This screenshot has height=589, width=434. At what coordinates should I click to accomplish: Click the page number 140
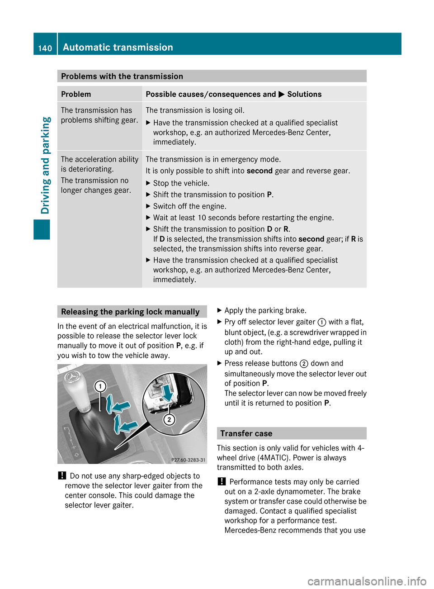(45, 48)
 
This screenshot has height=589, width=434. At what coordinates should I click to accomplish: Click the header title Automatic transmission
(118, 47)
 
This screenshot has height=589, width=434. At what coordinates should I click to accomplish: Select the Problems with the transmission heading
(122, 76)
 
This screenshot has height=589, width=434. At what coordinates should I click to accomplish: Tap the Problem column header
(76, 94)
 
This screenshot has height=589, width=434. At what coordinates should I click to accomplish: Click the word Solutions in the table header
(304, 94)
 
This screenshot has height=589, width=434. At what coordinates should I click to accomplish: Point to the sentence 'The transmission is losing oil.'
(195, 110)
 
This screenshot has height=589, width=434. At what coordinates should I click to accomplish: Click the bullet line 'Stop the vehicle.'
(181, 183)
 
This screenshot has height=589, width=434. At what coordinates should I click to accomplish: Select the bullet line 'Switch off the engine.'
(189, 206)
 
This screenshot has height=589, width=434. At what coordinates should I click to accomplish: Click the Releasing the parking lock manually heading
(130, 312)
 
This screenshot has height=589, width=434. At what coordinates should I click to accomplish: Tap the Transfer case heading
(246, 433)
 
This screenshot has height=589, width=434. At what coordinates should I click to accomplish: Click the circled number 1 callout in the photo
(100, 386)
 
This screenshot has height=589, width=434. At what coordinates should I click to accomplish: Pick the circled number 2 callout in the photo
(169, 419)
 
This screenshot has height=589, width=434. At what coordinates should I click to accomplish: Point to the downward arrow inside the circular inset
(168, 393)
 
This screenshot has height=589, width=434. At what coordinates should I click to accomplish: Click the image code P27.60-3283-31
(188, 460)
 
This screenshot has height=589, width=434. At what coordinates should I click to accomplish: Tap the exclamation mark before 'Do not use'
(62, 476)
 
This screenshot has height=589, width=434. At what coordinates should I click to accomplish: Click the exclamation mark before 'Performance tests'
(222, 482)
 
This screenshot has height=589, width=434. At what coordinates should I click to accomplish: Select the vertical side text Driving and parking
(46, 165)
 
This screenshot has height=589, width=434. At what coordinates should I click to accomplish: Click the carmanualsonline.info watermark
(367, 581)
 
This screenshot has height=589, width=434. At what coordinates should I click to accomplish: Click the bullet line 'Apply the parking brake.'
(265, 310)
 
